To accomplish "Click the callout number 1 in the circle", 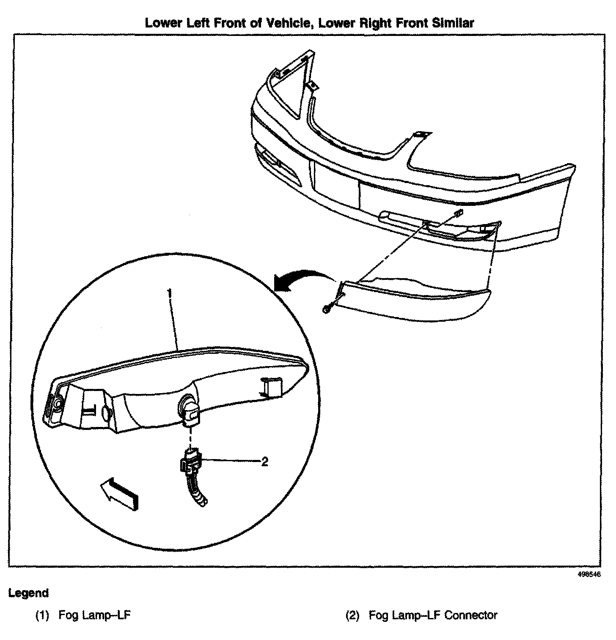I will coord(170,293).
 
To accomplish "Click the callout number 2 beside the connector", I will coord(264,462).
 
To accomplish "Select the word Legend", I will coord(28,593).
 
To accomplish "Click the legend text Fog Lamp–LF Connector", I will coord(433,615).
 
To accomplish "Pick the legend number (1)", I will coord(42,615).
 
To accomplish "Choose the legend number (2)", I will coord(352,615).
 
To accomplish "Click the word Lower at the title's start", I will coord(162,23).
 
